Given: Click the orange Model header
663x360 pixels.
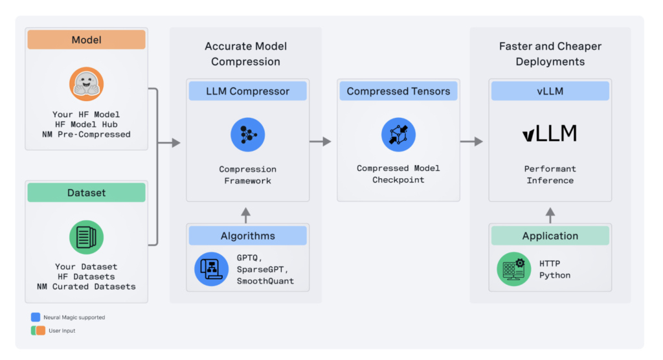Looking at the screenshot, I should (86, 40).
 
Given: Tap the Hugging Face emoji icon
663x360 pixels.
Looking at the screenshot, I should (86, 84).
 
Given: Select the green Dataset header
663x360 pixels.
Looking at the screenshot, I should (86, 193).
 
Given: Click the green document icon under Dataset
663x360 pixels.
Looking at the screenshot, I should (86, 237).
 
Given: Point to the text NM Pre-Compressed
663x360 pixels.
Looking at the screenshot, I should (86, 135).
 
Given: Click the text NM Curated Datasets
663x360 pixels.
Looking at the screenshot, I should (86, 286).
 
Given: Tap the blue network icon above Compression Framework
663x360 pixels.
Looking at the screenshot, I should (247, 135).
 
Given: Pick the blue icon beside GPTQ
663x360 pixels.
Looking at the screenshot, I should (211, 269).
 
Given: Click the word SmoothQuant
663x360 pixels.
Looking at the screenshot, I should (265, 280).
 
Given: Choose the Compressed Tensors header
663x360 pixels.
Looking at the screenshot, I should (398, 91).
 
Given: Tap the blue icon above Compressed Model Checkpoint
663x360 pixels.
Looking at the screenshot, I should (398, 135).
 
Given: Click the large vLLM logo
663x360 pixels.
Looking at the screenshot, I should (550, 134).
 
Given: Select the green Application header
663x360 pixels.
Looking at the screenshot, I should (550, 236).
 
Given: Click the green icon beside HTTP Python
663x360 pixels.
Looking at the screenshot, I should (513, 269).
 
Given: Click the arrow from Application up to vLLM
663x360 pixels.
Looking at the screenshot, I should (550, 215).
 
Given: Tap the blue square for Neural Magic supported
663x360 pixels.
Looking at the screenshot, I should (35, 317).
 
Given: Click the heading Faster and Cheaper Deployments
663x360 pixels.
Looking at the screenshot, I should (550, 54).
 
